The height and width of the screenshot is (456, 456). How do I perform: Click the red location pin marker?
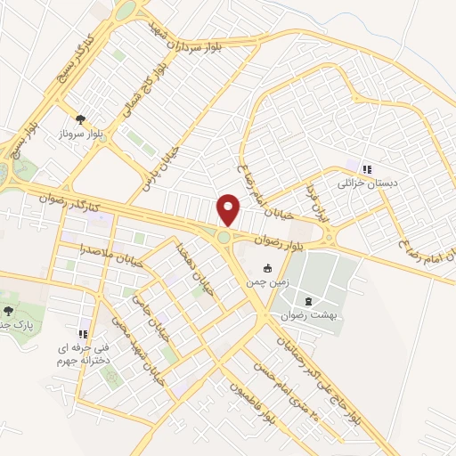[x=230, y=209]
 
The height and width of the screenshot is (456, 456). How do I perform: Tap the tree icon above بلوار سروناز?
[x=81, y=118]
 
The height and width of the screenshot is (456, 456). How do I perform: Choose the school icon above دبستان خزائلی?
[x=366, y=168]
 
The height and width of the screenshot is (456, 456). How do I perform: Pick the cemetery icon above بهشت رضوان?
[x=308, y=301]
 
